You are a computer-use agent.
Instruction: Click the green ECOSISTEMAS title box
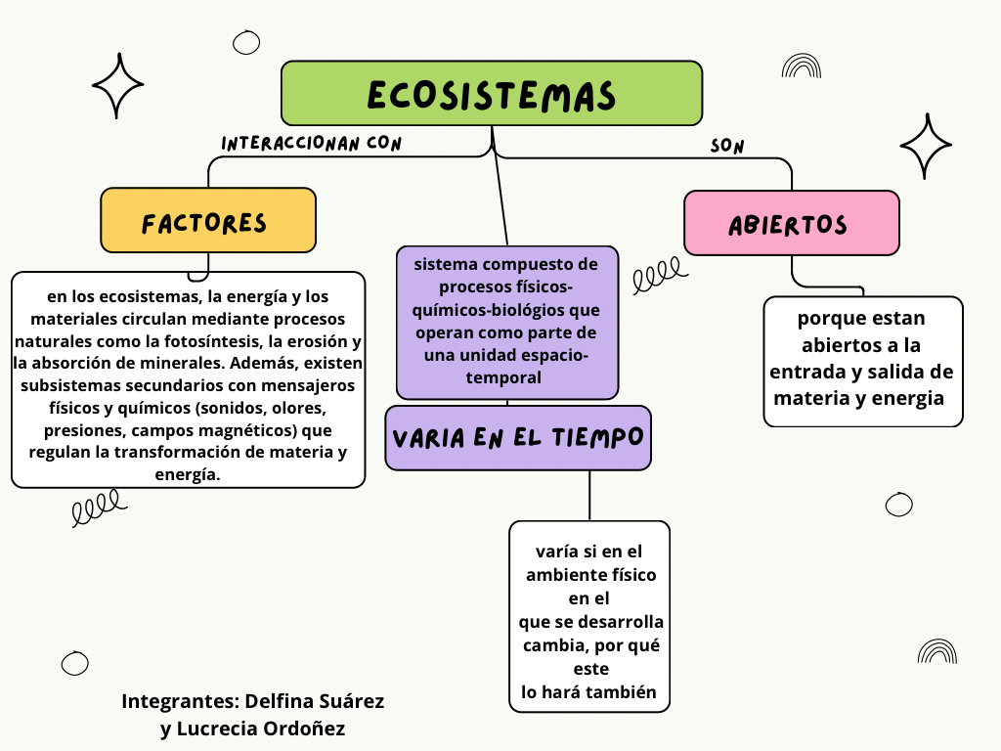pos(492,94)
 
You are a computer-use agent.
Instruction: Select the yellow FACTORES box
pos(208,221)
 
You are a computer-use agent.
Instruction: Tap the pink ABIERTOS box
pos(791,223)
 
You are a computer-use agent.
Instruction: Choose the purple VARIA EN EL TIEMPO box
pos(518,438)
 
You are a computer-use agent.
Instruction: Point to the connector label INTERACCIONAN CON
pos(312,144)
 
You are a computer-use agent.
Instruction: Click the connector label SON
pos(727,147)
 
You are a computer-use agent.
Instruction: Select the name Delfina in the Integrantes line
pos(281,701)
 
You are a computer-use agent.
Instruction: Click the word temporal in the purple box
pos(507,376)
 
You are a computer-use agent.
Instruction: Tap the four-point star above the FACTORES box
pos(117,86)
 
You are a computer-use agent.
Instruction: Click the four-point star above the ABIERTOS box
pos(925,146)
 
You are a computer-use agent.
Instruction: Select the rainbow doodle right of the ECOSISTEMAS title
pos(802,66)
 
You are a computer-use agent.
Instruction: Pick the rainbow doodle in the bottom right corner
pos(937,651)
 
